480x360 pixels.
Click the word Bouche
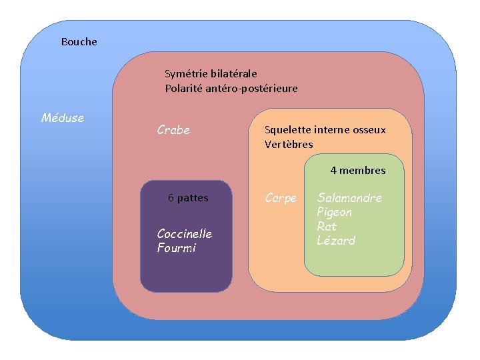click(x=79, y=42)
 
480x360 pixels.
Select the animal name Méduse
click(x=63, y=118)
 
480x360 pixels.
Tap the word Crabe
click(x=173, y=130)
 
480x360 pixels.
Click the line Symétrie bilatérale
click(x=211, y=74)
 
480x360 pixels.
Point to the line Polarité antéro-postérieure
click(x=231, y=89)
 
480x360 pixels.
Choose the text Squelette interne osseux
click(x=325, y=130)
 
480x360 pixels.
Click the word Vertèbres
click(x=289, y=145)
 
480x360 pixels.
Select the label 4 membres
click(x=357, y=171)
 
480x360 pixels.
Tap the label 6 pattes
click(x=188, y=198)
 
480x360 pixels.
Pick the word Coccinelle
click(x=184, y=233)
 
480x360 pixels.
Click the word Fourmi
click(x=177, y=248)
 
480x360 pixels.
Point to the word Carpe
click(x=281, y=198)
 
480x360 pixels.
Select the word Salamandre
click(x=349, y=198)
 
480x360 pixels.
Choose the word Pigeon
click(x=334, y=213)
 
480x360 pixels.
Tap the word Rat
click(x=327, y=227)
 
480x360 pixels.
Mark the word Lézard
click(x=336, y=241)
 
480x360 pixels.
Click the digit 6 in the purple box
click(x=171, y=198)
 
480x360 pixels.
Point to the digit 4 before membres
click(x=333, y=171)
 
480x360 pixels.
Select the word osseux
click(x=369, y=130)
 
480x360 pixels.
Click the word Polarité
click(x=183, y=89)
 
